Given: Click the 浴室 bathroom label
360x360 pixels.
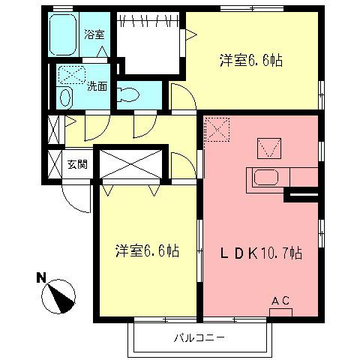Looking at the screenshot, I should tap(93, 34).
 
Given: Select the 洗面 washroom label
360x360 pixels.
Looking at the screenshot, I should tap(96, 86).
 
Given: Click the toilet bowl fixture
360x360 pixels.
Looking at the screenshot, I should tap(129, 94).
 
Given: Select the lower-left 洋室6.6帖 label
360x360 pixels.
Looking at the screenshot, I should tap(147, 250).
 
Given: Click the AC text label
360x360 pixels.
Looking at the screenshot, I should tap(280, 301).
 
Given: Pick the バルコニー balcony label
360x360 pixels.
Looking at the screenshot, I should tap(200, 337).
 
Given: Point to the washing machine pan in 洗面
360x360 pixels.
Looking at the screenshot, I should tap(72, 73).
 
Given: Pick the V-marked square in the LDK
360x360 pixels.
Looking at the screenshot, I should tap(268, 147).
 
